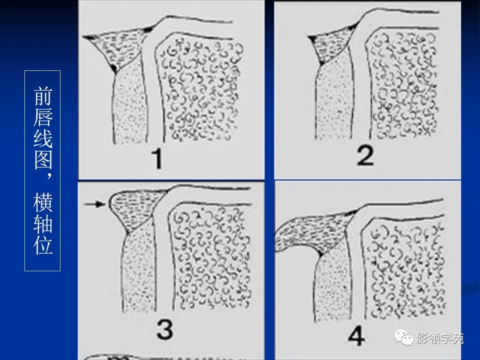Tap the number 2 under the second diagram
365,156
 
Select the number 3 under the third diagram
165,329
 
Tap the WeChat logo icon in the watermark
404,337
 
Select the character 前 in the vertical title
43,96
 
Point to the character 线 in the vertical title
43,138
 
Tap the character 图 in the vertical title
43,160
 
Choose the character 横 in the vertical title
43,202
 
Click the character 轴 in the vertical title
43,224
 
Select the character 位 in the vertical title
43,245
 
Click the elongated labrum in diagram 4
315,231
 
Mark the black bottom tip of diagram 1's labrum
114,69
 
